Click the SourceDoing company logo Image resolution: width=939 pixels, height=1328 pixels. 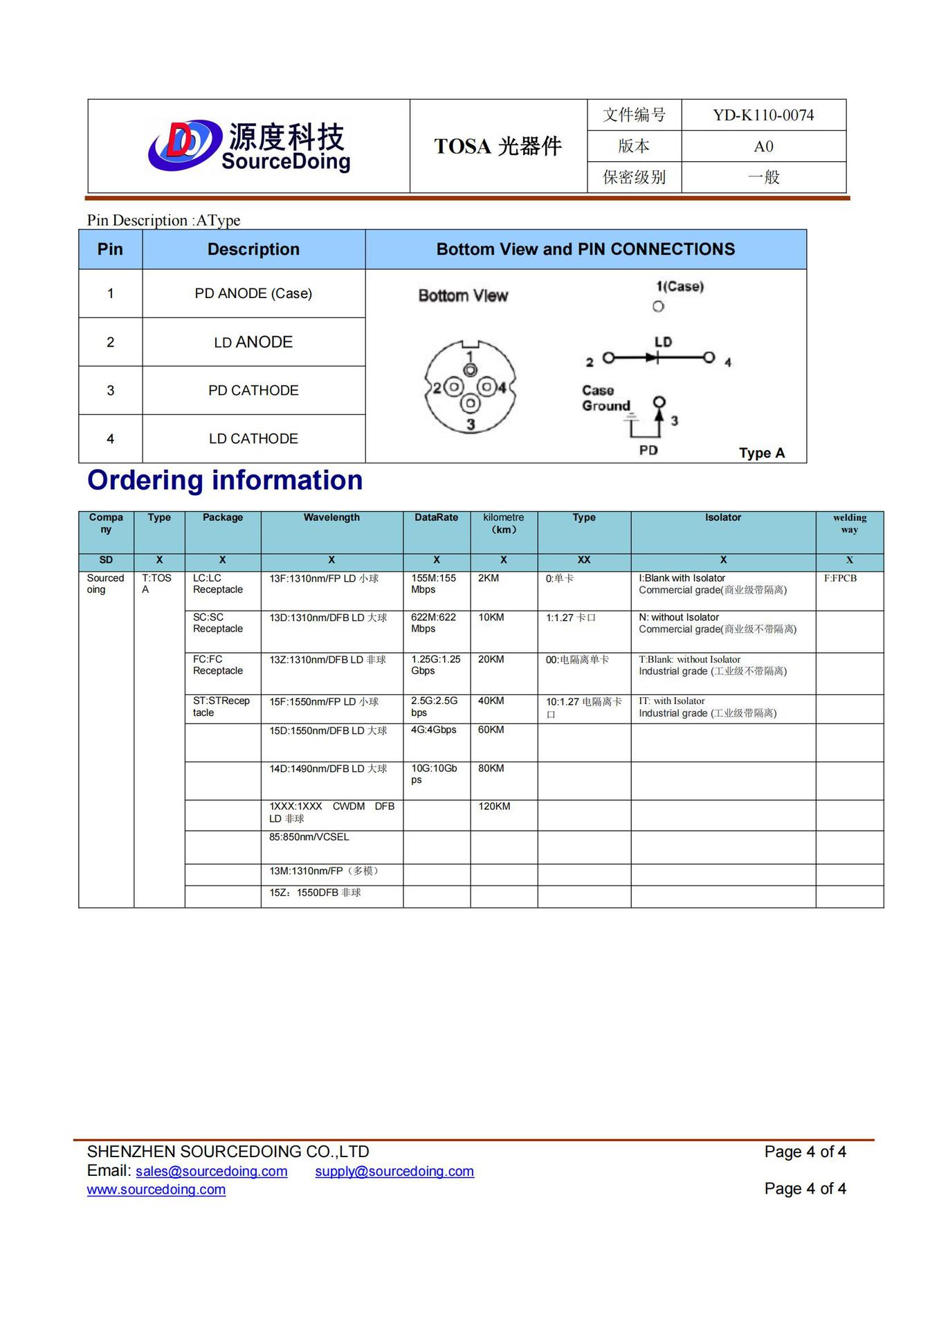click(249, 146)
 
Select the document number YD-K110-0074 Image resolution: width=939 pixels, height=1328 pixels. click(763, 115)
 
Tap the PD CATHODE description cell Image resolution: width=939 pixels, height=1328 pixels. click(253, 391)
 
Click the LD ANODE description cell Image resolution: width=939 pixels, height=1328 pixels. click(253, 342)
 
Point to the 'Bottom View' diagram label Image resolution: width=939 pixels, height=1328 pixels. click(463, 296)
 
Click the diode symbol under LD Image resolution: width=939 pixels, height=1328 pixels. click(653, 358)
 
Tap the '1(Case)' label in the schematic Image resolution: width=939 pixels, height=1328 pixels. click(680, 286)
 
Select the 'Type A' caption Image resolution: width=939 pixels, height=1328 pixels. click(761, 453)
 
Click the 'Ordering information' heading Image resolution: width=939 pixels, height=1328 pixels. click(225, 480)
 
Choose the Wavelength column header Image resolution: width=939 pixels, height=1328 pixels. click(331, 517)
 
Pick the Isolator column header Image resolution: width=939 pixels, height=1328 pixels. click(722, 517)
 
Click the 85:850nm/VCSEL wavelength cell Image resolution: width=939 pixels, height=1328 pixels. click(309, 837)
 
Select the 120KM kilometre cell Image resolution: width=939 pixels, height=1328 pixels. click(494, 806)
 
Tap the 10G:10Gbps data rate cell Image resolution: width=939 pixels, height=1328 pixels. click(434, 774)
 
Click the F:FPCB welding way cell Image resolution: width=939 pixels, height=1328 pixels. click(840, 578)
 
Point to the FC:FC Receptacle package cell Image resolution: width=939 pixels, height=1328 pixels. click(218, 665)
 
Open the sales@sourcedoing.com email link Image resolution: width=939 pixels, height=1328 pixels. click(211, 1171)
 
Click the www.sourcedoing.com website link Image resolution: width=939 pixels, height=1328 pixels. click(156, 1190)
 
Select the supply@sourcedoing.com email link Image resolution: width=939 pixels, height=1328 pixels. click(394, 1171)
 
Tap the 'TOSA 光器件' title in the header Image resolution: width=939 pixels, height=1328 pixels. click(498, 146)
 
